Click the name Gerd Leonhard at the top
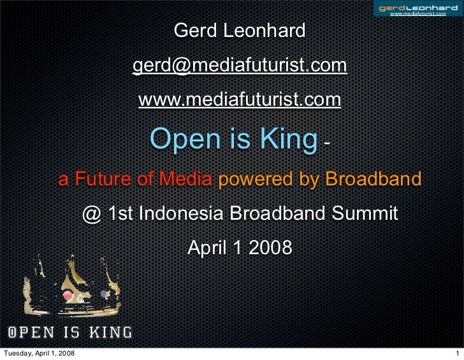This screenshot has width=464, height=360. (x=240, y=31)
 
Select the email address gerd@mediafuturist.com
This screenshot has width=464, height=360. (x=240, y=66)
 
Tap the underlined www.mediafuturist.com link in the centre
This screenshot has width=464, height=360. (x=240, y=100)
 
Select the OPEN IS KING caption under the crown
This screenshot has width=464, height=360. (x=69, y=332)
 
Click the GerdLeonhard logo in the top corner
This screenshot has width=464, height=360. (x=418, y=9)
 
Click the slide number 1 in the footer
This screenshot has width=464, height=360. (x=457, y=352)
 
